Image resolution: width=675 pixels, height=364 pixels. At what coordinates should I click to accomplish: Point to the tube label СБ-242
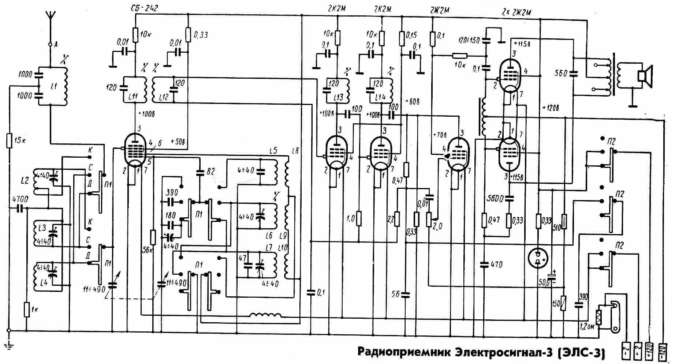(x=144, y=8)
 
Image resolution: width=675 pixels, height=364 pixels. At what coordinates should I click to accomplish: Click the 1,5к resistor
(x=10, y=141)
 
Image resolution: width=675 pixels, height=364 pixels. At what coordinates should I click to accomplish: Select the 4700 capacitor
(x=20, y=209)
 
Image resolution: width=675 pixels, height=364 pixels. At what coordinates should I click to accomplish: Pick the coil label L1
(x=54, y=87)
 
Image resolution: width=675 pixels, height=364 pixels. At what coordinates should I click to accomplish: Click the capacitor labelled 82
(x=200, y=172)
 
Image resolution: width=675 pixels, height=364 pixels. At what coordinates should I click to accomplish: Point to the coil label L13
(x=338, y=97)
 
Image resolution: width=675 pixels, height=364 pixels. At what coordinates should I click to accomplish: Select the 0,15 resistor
(x=402, y=37)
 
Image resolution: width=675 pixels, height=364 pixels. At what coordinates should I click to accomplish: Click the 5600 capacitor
(x=509, y=199)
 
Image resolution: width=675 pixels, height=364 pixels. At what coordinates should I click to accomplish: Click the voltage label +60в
(x=413, y=101)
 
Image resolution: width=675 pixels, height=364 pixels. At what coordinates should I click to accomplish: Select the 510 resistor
(x=564, y=221)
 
